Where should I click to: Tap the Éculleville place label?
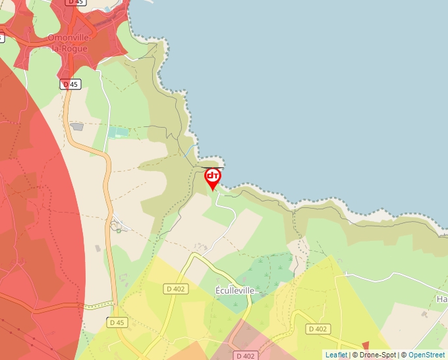(235, 290)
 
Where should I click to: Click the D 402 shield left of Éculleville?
(176, 288)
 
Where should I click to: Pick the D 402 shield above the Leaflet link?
(318, 328)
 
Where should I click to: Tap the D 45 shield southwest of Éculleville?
(117, 322)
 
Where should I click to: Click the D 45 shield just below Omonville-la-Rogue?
(70, 84)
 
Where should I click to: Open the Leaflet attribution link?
(336, 355)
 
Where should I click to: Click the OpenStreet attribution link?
(426, 355)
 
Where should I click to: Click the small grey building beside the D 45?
(77, 126)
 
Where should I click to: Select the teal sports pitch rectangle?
(119, 132)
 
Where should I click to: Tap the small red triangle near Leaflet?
(366, 346)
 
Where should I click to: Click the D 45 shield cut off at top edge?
(76, 3)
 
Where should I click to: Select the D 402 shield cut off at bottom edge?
(244, 355)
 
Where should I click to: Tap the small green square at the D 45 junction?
(117, 227)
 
